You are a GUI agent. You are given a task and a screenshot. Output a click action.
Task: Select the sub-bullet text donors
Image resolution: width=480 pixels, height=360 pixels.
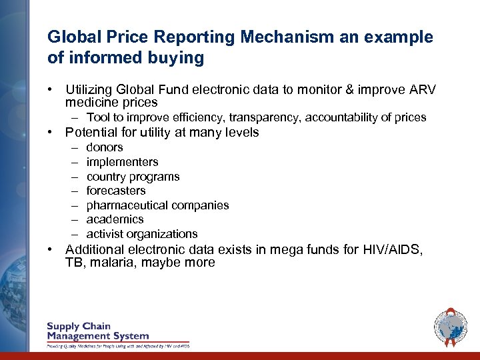[x=105, y=147]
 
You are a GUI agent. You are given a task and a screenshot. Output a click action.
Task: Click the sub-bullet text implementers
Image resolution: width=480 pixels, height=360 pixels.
[x=122, y=162]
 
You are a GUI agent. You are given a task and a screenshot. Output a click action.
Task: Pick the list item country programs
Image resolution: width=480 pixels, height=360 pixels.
[x=133, y=177]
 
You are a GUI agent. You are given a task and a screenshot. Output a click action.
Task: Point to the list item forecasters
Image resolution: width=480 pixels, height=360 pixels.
[x=116, y=191]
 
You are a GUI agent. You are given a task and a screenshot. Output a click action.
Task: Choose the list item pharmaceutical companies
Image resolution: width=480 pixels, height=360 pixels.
[x=157, y=205]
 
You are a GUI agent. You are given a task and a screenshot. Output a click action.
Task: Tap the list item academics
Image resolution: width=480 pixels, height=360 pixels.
[x=115, y=219]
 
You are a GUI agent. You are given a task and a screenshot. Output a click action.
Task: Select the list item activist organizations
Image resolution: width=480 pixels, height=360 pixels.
[x=142, y=234]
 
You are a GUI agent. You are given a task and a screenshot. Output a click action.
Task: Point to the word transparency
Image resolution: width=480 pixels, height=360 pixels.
[x=267, y=118]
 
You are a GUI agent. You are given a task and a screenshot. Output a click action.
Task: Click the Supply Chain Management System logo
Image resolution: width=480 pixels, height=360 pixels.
[x=117, y=334]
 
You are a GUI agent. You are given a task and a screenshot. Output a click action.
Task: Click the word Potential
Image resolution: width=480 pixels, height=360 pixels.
[x=89, y=133]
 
